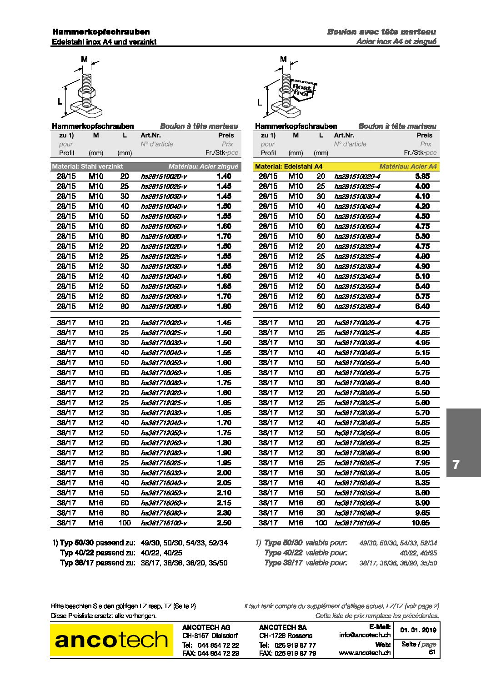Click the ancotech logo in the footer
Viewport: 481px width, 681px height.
point(111,640)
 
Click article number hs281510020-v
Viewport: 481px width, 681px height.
point(164,177)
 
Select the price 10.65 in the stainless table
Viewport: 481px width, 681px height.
point(420,523)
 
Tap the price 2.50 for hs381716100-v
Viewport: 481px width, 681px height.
point(224,523)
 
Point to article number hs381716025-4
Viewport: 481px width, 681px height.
point(357,463)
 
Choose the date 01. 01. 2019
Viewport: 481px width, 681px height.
point(418,630)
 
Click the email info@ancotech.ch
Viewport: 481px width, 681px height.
point(365,635)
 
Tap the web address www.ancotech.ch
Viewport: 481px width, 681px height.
point(365,653)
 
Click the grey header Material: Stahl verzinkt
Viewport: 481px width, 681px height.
point(87,166)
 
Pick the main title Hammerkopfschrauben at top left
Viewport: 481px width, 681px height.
point(101,32)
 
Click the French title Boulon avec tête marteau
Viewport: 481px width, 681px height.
point(381,32)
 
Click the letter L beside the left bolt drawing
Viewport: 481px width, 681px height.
point(60,101)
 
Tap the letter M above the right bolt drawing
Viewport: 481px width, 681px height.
point(283,59)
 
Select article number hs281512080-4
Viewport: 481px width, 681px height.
point(357,307)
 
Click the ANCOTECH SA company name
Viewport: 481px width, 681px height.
point(283,627)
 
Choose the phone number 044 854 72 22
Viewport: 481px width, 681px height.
point(218,645)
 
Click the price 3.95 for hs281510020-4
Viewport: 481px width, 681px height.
point(422,177)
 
